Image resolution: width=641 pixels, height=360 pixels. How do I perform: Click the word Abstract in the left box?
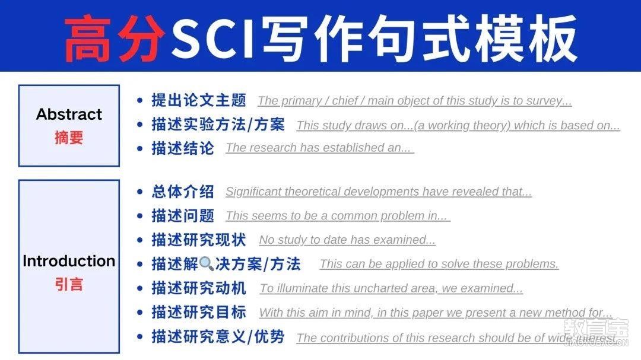[x=69, y=114]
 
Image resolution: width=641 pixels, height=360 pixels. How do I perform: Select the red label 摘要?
[x=69, y=138]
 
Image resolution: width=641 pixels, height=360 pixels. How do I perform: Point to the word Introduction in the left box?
[x=69, y=261]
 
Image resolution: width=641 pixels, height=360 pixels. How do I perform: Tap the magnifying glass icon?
[x=207, y=264]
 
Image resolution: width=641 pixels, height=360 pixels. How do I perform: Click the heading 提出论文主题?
[x=199, y=100]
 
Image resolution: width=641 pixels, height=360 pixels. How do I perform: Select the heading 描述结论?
[x=183, y=148]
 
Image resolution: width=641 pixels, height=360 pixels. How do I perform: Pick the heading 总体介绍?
[x=183, y=191]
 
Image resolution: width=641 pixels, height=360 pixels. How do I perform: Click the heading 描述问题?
[x=183, y=215]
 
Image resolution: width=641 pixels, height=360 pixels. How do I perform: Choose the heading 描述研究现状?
[x=199, y=240]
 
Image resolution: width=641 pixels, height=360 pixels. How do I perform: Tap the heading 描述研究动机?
[x=199, y=288]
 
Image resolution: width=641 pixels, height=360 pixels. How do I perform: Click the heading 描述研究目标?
[x=199, y=312]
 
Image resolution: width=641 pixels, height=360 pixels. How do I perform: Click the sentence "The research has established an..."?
[x=320, y=148]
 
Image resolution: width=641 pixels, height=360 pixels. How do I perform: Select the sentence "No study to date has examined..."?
[x=347, y=240]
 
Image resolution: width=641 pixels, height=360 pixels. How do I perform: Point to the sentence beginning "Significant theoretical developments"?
[x=379, y=192]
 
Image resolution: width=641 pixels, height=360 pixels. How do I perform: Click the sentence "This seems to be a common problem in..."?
[x=338, y=216]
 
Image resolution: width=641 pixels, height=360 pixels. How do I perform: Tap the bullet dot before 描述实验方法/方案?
[x=140, y=125]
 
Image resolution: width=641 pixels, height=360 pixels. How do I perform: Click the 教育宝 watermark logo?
[x=596, y=332]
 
